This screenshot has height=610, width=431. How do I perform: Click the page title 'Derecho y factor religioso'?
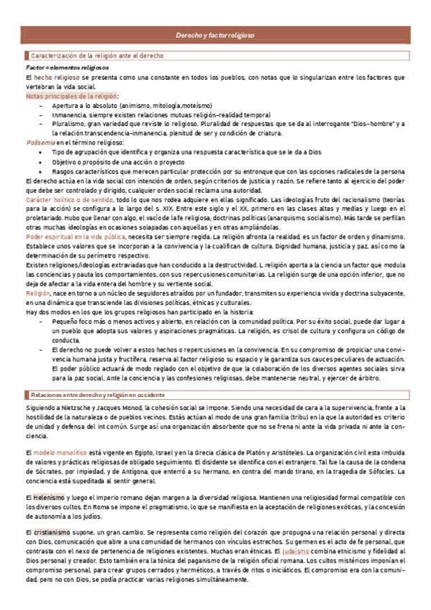coord(215,35)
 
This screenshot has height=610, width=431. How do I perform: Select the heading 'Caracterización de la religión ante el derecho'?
coord(97,55)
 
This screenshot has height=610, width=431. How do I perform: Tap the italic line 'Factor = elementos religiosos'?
coord(63,67)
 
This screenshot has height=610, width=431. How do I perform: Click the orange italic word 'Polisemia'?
coord(41,142)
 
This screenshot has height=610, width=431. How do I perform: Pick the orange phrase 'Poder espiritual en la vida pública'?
coord(76,236)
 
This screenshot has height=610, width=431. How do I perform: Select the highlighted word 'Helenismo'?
coord(50,498)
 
